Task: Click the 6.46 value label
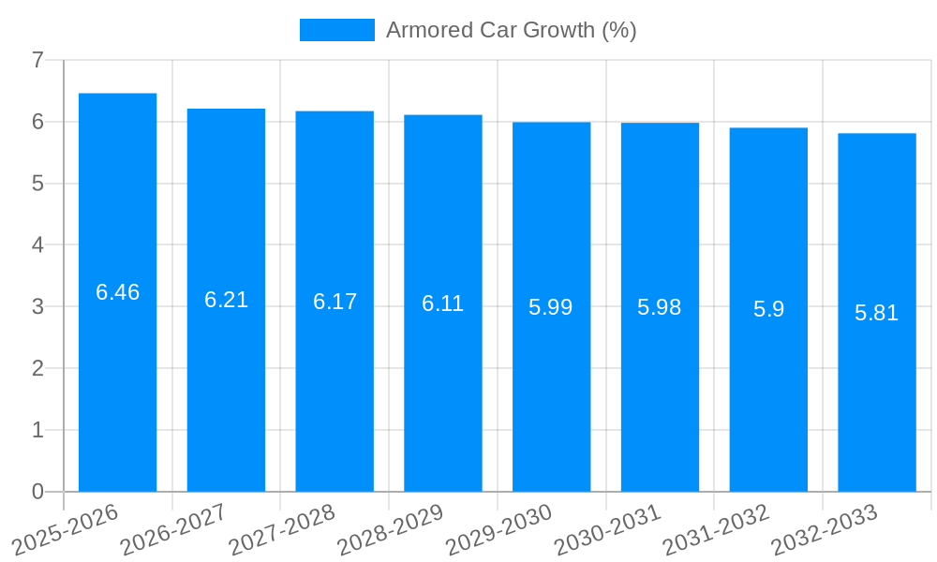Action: (118, 292)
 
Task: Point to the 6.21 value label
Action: (227, 300)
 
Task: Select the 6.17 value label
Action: (335, 302)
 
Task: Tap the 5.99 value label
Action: (551, 307)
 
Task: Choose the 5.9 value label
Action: (768, 309)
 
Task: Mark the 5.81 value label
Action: (877, 313)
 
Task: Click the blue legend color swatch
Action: (337, 30)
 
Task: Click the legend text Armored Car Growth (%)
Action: (512, 30)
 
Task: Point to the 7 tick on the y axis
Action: (37, 61)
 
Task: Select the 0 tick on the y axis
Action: (37, 492)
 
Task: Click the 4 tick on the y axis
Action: (37, 245)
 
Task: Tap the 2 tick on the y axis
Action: (37, 368)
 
